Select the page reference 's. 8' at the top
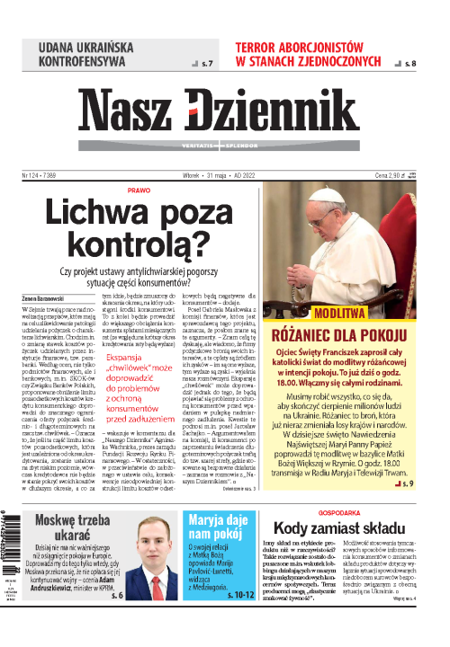(409, 65)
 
